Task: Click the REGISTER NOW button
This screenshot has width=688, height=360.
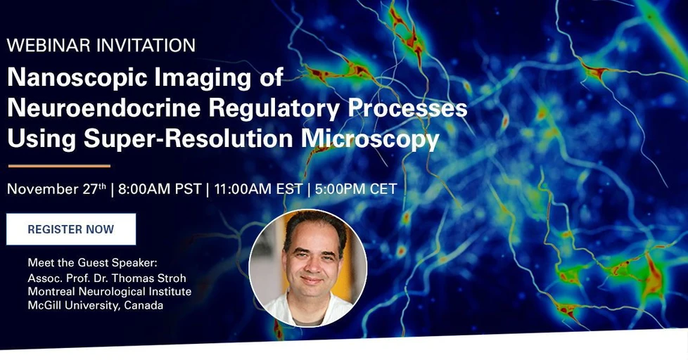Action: (x=71, y=229)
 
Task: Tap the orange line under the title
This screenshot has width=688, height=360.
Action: (x=59, y=166)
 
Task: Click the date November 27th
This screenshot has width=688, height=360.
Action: (x=56, y=189)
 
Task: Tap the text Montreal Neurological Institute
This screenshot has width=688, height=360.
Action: (x=109, y=291)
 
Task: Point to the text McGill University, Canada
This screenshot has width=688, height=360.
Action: (x=95, y=305)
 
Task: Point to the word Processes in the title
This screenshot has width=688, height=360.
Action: (x=407, y=108)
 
